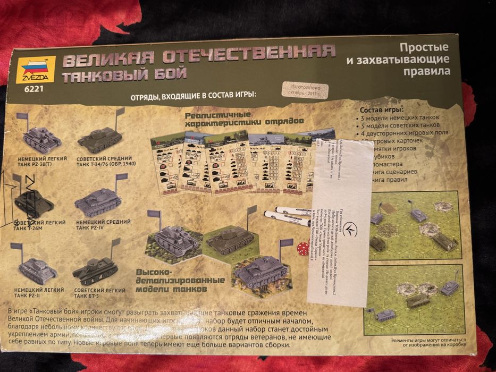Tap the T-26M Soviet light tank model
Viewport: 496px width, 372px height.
(x=33, y=202)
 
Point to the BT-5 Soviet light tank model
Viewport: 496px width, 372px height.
(x=96, y=270)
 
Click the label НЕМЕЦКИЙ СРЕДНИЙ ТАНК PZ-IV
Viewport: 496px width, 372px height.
(x=103, y=224)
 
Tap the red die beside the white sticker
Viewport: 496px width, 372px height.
(x=301, y=248)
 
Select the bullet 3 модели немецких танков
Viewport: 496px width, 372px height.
(x=401, y=117)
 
